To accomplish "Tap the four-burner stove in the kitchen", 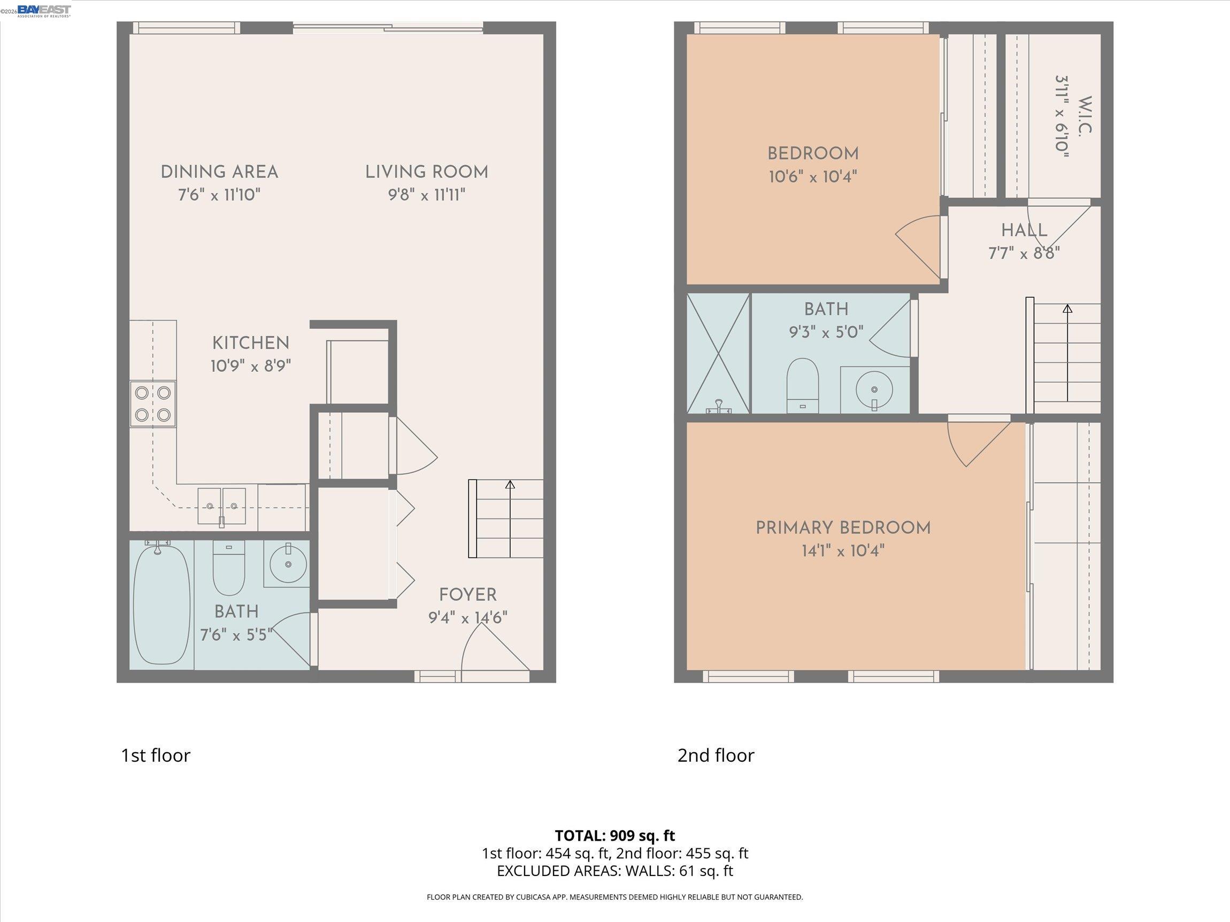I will [153, 404].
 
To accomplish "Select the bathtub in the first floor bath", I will [162, 604].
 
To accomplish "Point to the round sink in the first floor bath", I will [288, 564].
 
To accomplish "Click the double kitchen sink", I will [222, 506].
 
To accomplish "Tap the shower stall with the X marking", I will [718, 353].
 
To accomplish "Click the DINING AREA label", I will [219, 172].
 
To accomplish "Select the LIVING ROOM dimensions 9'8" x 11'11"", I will [427, 195].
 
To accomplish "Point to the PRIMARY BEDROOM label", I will [843, 528].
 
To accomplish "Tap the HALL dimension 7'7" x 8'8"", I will [1024, 253].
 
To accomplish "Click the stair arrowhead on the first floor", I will [510, 484].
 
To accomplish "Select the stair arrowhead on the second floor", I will [1067, 308].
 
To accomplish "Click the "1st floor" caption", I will [156, 755].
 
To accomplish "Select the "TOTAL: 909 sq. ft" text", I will [614, 835].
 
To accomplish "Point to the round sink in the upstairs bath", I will [874, 389].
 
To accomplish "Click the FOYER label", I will [467, 595].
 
